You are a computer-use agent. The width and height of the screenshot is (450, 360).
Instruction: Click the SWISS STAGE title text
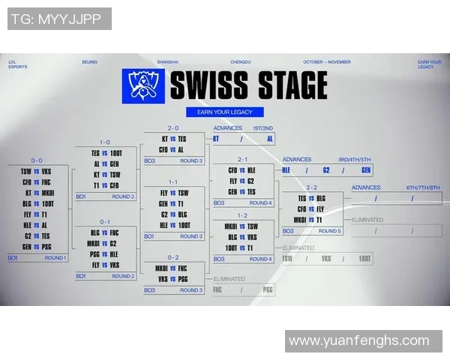(x=247, y=85)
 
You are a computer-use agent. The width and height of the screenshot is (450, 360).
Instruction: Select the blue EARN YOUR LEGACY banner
(x=225, y=112)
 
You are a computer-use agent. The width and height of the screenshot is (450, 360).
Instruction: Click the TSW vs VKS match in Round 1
(x=37, y=171)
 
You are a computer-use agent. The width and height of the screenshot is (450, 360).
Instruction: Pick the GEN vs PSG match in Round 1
(x=37, y=246)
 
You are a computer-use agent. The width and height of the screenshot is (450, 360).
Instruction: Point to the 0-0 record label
(x=37, y=160)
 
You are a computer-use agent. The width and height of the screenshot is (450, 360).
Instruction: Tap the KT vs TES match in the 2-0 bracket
(x=173, y=139)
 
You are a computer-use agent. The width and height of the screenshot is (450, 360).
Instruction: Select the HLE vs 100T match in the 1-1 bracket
(x=174, y=225)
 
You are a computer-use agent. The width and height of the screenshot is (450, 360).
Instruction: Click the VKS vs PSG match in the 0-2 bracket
(x=172, y=278)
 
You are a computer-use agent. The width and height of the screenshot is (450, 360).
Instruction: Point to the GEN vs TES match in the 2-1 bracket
(x=241, y=191)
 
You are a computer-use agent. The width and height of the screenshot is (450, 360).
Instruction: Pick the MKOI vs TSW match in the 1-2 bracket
(x=241, y=226)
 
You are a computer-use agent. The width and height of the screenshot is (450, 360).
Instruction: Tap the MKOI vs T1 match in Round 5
(x=310, y=220)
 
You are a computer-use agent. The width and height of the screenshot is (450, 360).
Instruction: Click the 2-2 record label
(x=310, y=187)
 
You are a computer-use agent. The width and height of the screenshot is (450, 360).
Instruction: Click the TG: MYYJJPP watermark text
(x=56, y=19)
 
